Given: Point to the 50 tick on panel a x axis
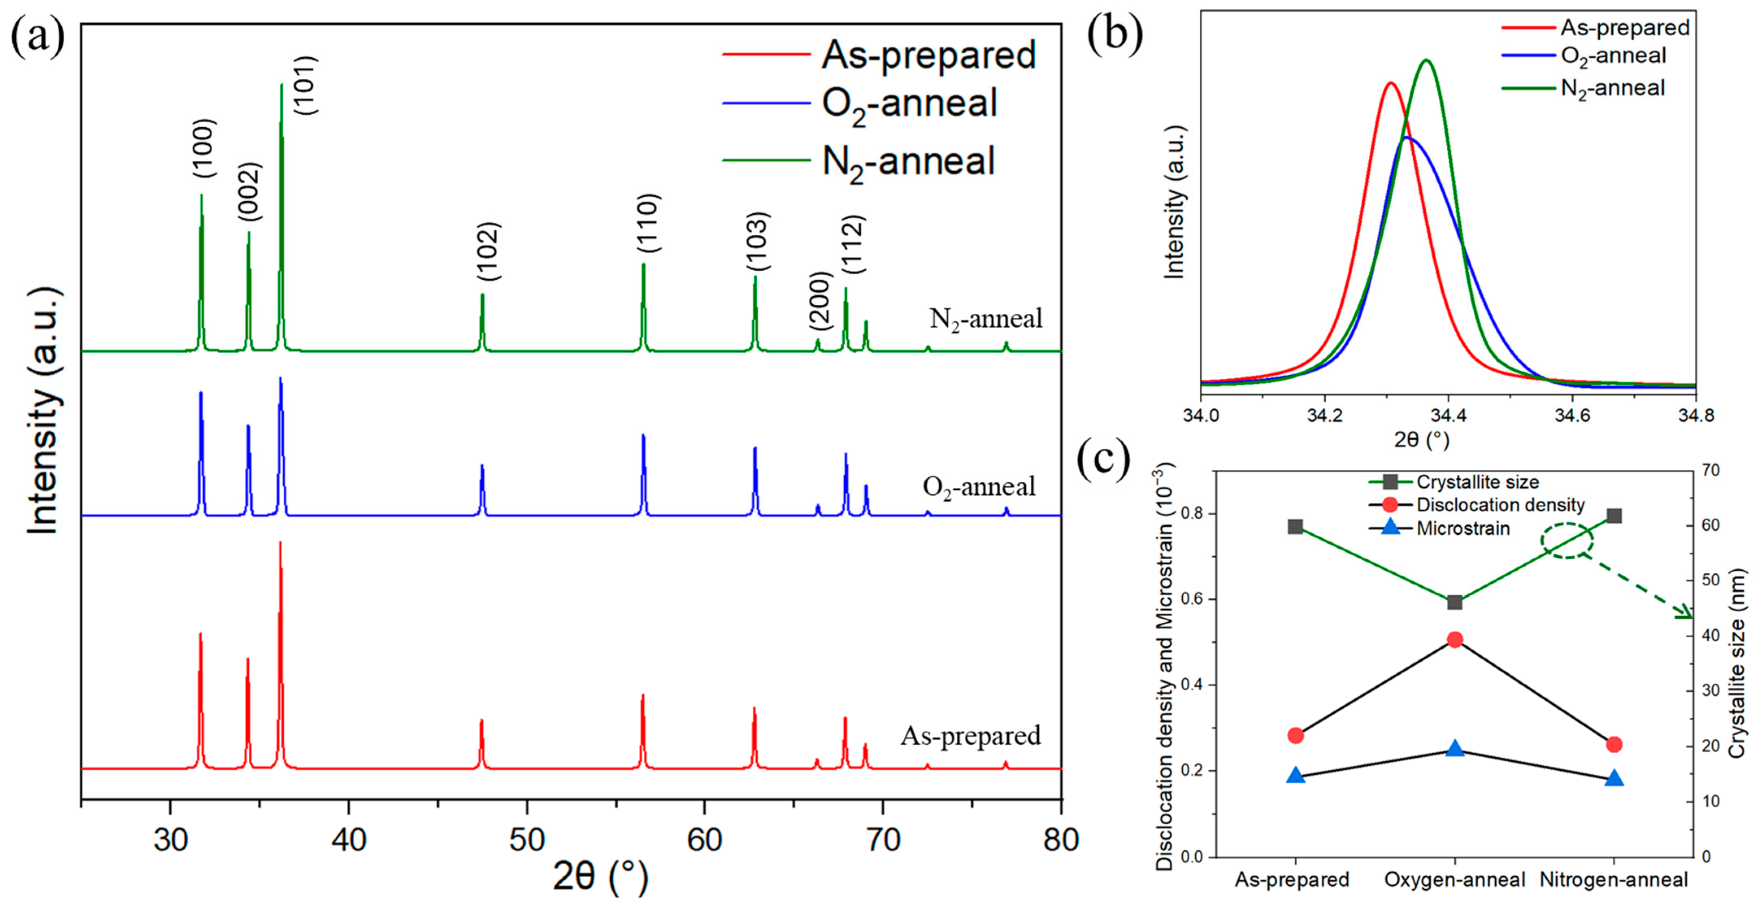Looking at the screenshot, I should pos(527,839).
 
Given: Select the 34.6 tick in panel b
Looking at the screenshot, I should pos(1572,415).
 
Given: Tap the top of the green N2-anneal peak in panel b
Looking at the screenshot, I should pos(1425,61).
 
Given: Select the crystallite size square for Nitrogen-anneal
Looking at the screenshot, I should pos(1614,516).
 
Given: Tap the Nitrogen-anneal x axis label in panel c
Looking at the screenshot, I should pos(1614,880).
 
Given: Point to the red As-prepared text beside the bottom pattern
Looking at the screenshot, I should pos(971,735).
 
